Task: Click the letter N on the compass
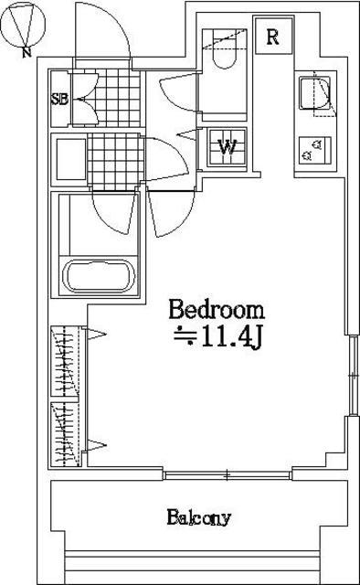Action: click(26, 53)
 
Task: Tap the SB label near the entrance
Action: click(59, 100)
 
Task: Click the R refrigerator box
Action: click(273, 37)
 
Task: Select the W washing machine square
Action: click(227, 147)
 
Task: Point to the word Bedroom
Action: click(217, 310)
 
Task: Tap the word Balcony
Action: click(199, 518)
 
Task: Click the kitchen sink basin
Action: click(315, 92)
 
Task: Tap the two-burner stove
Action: click(315, 150)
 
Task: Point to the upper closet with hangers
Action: click(65, 361)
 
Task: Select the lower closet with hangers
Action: click(66, 434)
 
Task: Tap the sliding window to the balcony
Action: click(228, 475)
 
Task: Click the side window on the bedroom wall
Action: click(353, 375)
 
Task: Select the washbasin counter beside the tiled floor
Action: click(70, 160)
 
